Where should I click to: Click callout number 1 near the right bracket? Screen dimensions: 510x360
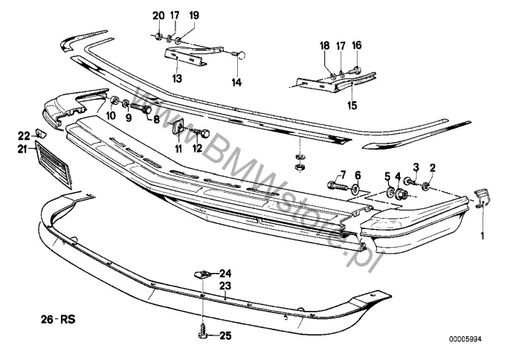482,236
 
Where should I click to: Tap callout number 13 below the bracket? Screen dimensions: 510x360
177,78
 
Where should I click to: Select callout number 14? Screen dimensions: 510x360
236,83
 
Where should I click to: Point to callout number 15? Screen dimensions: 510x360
352,106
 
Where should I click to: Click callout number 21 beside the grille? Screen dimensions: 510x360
22,150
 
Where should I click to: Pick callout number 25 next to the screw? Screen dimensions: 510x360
225,335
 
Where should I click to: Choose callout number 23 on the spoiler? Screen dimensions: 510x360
225,286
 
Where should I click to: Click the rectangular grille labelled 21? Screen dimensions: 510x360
54,165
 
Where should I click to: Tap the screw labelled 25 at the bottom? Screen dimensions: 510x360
202,331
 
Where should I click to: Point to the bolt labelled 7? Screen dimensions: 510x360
338,187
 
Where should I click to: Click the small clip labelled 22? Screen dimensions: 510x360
41,133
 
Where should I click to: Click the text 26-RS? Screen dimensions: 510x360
58,319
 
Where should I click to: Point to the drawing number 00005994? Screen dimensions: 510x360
465,339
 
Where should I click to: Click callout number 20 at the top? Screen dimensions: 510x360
159,16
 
